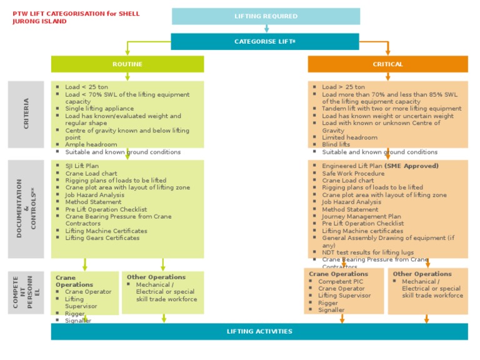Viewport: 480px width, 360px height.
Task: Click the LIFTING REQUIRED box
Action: (266, 16)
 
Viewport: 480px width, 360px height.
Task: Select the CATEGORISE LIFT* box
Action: (265, 42)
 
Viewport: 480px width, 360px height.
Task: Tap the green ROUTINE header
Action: (127, 64)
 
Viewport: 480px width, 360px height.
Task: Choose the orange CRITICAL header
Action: (387, 64)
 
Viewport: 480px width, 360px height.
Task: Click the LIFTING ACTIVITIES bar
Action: (259, 331)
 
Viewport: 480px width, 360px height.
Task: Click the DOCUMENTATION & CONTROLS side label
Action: (26, 208)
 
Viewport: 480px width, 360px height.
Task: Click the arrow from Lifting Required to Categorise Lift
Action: (267, 28)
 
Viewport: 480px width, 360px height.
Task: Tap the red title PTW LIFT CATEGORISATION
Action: (76, 14)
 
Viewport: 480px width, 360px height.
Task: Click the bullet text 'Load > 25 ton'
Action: (344, 87)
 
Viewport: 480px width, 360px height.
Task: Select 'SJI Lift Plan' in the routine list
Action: (82, 166)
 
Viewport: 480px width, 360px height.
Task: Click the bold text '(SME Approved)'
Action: (412, 166)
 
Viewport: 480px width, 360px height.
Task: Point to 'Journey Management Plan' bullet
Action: (361, 216)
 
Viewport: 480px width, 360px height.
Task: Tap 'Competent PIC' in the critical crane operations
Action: (340, 281)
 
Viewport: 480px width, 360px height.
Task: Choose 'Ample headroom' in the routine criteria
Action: (91, 144)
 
